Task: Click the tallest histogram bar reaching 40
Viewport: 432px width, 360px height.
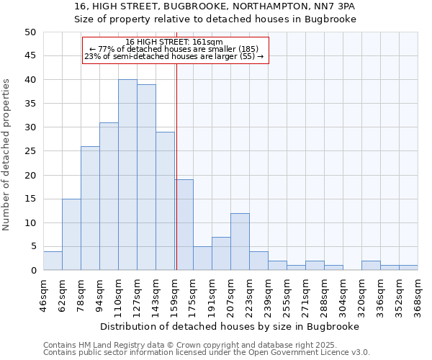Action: point(127,175)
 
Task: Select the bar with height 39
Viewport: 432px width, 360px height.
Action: point(146,177)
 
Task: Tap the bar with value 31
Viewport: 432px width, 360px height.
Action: point(109,197)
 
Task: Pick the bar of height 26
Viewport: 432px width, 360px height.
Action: point(90,208)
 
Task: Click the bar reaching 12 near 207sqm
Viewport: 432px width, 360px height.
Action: point(240,242)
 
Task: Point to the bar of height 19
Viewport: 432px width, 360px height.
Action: point(184,225)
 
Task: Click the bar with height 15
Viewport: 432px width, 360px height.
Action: point(71,235)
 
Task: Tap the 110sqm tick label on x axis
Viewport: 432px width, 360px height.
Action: point(119,294)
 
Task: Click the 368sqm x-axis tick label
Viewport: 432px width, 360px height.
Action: point(418,294)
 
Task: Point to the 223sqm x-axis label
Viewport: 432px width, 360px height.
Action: point(250,294)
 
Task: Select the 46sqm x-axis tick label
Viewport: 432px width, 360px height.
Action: point(44,294)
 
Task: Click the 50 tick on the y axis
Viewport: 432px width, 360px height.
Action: point(30,32)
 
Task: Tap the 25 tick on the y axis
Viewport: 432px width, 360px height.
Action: point(30,151)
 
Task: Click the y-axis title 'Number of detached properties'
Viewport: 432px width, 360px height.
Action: point(6,155)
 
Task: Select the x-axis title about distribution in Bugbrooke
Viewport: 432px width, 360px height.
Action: point(230,326)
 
